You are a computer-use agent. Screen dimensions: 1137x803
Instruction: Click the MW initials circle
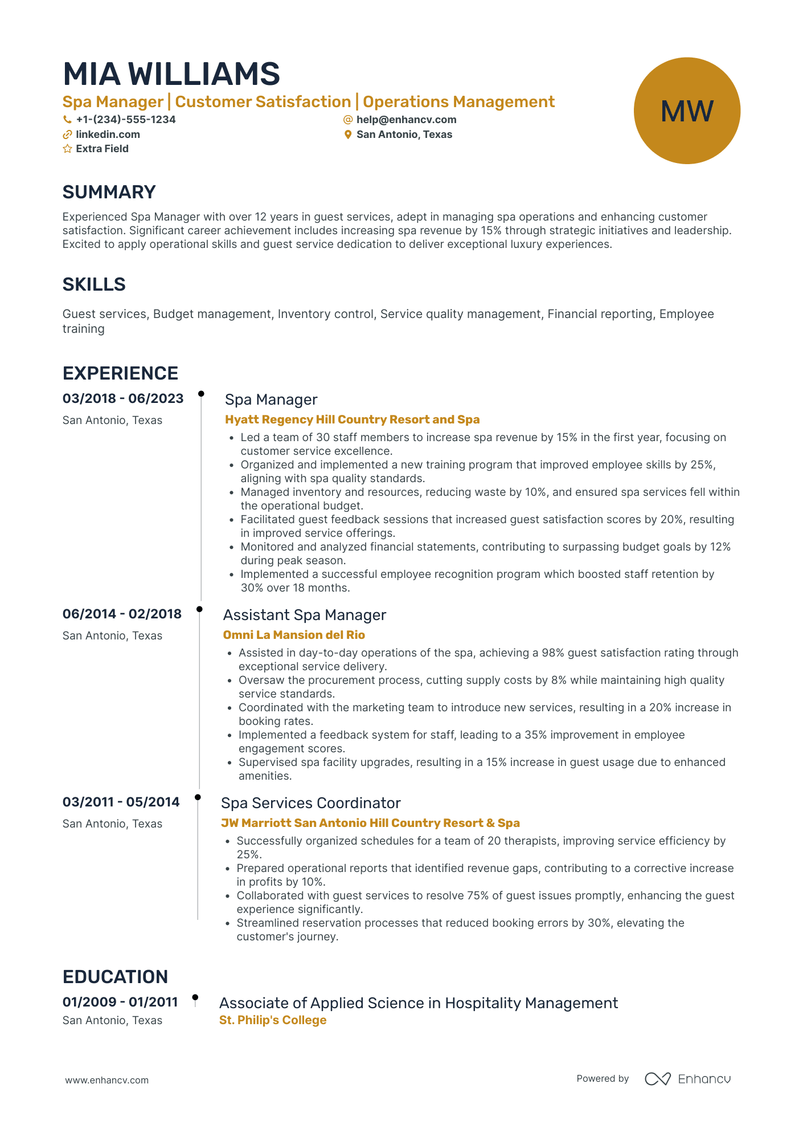pos(686,111)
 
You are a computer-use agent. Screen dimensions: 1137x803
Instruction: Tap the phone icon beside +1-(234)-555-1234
pos(67,120)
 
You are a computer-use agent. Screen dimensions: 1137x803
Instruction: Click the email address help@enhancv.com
pos(406,120)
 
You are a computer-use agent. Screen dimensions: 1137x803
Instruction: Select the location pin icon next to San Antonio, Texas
pos(348,135)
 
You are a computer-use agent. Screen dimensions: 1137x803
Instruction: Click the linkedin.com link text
pos(108,135)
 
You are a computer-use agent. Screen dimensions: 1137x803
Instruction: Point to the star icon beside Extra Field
pos(67,149)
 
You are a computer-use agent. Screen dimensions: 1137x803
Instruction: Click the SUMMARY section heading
pos(109,192)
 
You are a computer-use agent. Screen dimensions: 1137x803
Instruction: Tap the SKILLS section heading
pos(94,284)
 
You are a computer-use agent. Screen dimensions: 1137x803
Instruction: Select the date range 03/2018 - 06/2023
pos(123,398)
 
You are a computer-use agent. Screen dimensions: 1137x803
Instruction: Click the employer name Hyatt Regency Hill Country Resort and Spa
pos(352,419)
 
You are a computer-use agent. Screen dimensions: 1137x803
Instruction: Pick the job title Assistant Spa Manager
pos(304,615)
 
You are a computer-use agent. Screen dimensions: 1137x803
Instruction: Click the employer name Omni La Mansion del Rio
pos(293,635)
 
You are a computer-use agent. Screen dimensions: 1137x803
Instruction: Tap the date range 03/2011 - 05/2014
pos(121,802)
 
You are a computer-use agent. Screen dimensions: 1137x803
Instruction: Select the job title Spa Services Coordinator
pos(310,803)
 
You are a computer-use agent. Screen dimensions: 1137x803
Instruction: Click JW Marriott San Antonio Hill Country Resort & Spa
pos(370,823)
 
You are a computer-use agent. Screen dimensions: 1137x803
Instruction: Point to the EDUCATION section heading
pos(115,977)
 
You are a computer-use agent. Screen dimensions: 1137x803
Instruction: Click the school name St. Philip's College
pos(273,1020)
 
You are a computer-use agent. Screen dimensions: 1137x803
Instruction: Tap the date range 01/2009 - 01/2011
pos(120,1002)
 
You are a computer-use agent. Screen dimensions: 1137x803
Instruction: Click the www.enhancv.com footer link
pos(106,1080)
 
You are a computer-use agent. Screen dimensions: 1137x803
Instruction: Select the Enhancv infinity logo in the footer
pos(657,1079)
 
